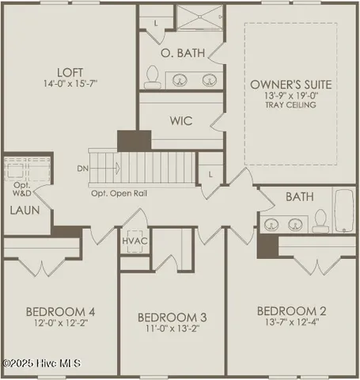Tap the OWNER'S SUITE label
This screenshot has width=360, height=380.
coord(290,84)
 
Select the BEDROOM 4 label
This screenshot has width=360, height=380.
coord(59,310)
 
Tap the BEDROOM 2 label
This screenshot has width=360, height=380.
coord(294,310)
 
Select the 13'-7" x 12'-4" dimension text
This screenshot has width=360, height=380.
coord(294,324)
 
